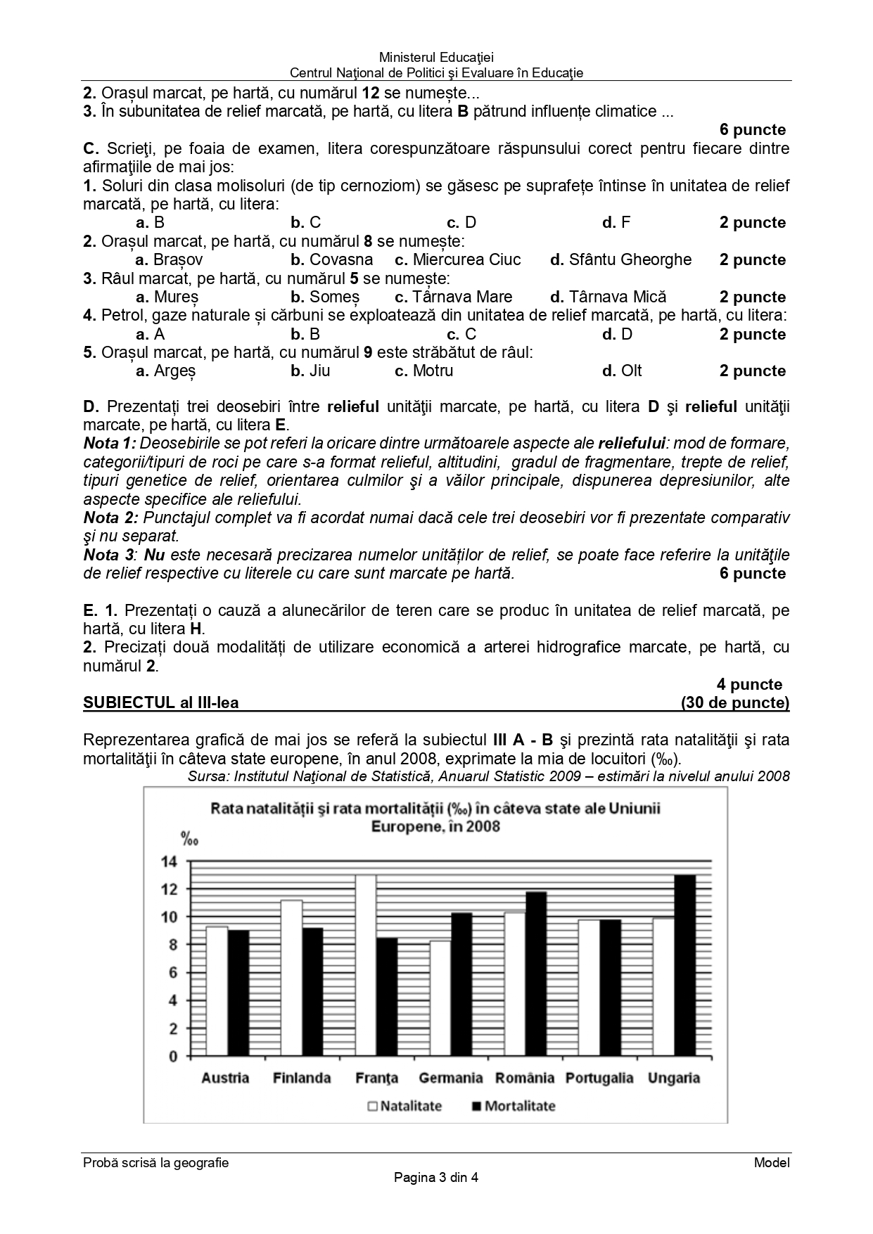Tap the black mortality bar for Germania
tap(461, 984)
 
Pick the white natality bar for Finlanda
tap(291, 978)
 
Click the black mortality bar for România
tap(536, 974)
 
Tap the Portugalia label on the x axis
tap(599, 1078)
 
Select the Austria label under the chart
tap(225, 1078)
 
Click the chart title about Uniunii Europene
tap(435, 817)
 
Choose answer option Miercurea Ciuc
tap(458, 259)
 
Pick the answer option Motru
tap(424, 371)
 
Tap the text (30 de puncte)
tap(735, 702)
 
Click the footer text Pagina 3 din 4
tap(436, 1178)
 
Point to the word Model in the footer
tap(772, 1163)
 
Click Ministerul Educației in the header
tap(436, 58)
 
